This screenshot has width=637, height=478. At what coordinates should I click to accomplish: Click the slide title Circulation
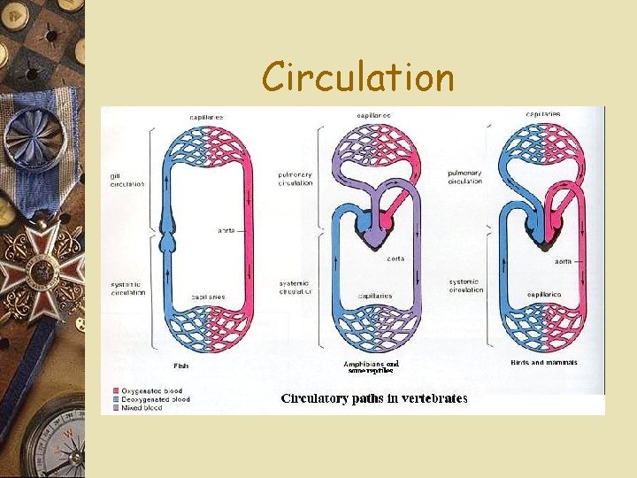357,77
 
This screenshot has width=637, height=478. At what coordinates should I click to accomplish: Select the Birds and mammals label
544,362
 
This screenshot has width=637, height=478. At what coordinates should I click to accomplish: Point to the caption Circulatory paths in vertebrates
374,398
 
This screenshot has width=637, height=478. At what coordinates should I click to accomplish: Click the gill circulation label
127,180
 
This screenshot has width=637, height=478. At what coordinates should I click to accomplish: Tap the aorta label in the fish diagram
226,230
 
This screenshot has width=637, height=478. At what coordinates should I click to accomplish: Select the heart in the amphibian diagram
375,235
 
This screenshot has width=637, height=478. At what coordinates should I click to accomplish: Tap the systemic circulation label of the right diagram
466,284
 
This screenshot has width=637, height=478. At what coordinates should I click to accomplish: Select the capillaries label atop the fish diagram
205,118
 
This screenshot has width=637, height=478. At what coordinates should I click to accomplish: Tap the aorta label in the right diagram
562,262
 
